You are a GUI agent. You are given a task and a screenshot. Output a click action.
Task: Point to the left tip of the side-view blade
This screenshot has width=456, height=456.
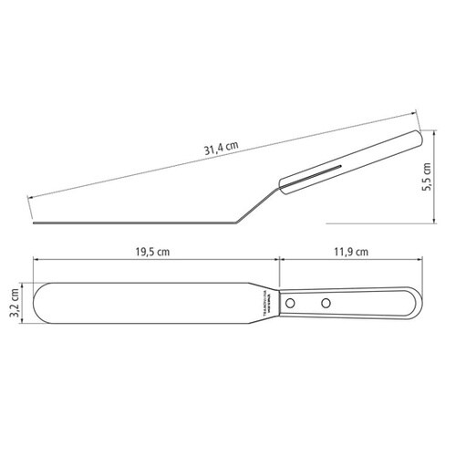34,222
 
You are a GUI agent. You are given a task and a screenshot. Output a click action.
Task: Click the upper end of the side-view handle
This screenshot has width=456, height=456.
416,138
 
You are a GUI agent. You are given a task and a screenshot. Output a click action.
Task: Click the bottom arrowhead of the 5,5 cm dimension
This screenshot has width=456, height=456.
435,222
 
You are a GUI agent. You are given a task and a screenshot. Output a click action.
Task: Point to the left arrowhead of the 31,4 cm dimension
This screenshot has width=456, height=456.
31,196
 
